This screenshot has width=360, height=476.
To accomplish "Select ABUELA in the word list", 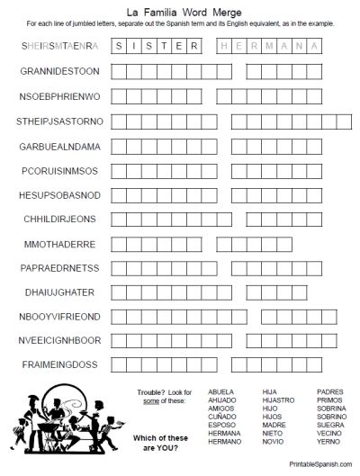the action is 220,392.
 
